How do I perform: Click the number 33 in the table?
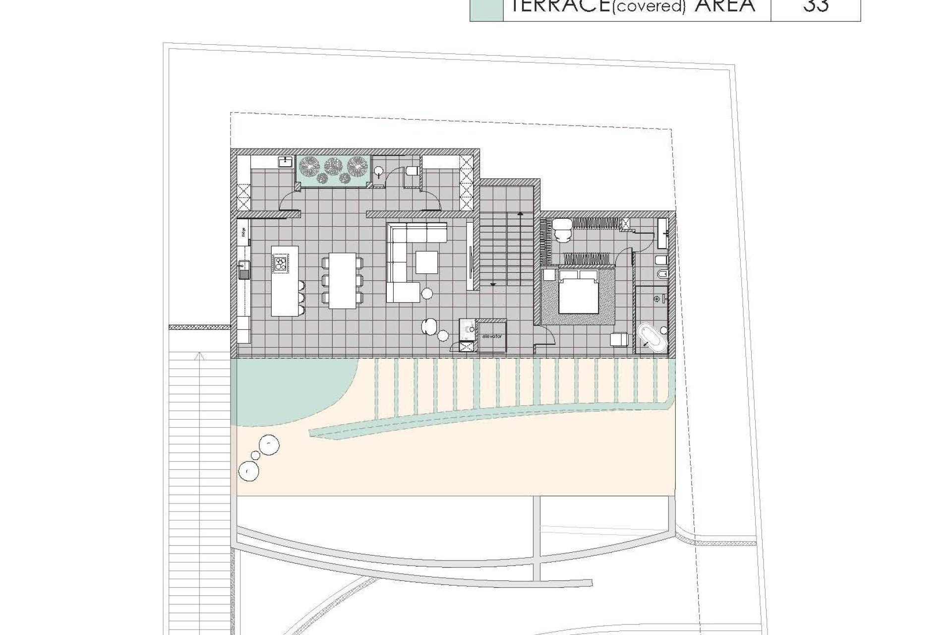point(816,6)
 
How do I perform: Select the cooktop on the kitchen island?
point(281,262)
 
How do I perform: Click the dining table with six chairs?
point(342,280)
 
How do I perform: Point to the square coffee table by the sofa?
point(426,262)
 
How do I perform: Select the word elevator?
point(492,336)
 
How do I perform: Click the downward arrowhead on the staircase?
point(493,284)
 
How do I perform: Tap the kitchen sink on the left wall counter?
point(244,268)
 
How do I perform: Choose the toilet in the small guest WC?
point(412,171)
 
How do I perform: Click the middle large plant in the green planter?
point(331,164)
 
